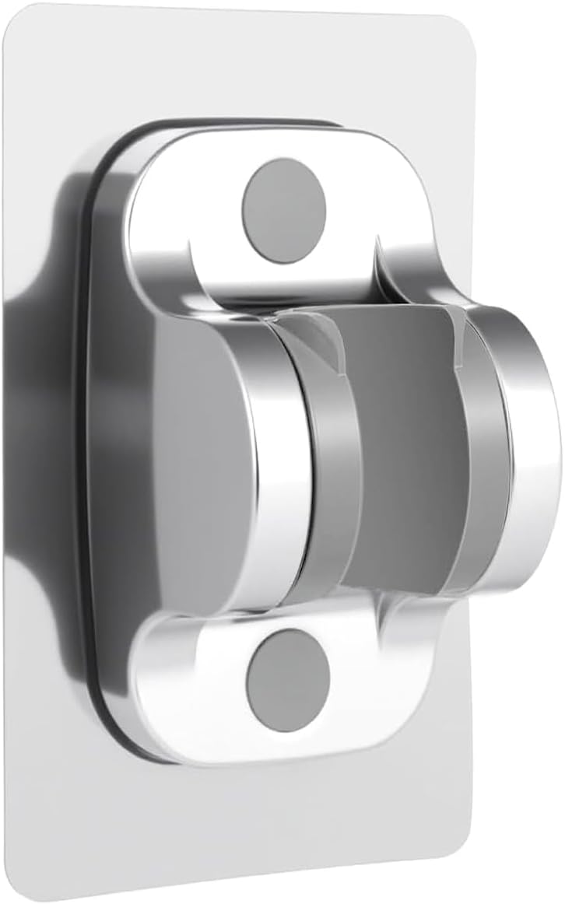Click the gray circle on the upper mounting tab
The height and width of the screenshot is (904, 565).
coord(284,210)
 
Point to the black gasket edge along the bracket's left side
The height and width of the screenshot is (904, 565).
coord(97,467)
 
